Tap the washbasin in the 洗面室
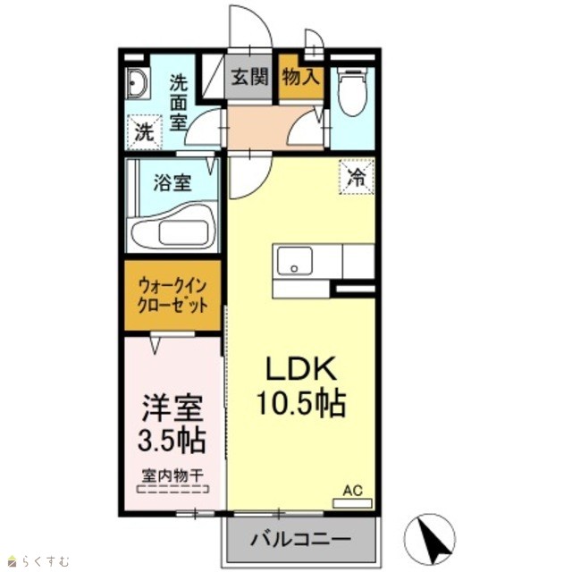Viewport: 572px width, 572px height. [137, 83]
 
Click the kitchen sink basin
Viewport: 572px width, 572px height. [294, 260]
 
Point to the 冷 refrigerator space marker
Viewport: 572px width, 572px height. [357, 177]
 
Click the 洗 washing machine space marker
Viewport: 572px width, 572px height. [145, 132]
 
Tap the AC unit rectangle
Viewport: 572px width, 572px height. [352, 503]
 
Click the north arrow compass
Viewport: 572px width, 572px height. [431, 538]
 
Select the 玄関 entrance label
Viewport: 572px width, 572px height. [250, 77]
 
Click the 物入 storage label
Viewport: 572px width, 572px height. [301, 77]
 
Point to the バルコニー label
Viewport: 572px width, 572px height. [300, 538]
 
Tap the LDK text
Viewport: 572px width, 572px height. [301, 369]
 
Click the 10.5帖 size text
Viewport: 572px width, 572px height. [301, 403]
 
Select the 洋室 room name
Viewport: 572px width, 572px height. [172, 408]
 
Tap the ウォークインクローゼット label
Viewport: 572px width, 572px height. [172, 296]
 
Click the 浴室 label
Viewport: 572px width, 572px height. [172, 182]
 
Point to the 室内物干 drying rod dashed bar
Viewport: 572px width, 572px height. [172, 489]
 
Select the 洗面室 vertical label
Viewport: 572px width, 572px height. [179, 103]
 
